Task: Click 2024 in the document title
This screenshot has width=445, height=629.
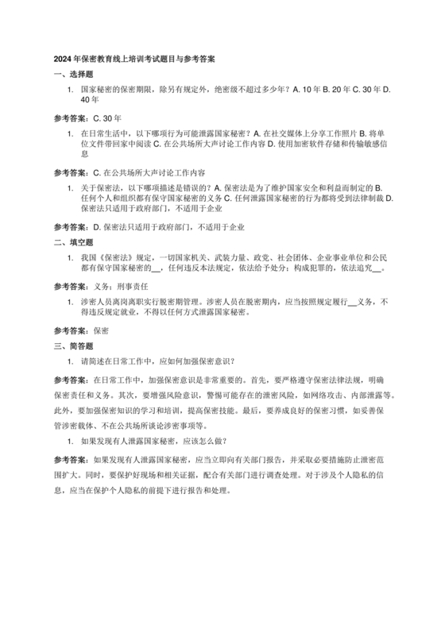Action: click(x=63, y=59)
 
